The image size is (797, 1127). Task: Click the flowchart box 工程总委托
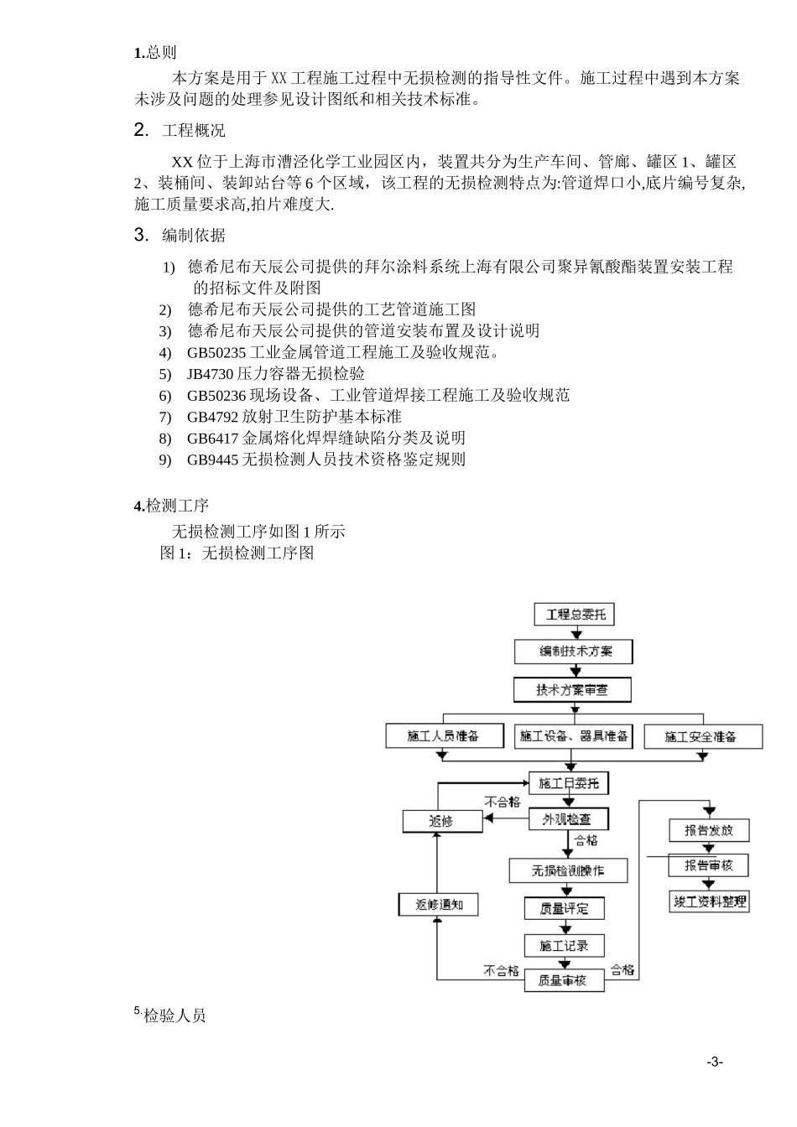coord(575,615)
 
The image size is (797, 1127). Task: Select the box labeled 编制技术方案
coord(574,652)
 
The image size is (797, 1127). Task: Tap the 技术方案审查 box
coord(572,691)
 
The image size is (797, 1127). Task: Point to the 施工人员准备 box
coord(444,736)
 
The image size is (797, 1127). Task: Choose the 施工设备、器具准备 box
coord(574,736)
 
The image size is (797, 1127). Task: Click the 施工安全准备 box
coord(703,736)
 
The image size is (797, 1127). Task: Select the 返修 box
coord(442,821)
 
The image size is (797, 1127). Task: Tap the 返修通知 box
coord(439,904)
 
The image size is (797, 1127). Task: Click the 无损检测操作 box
coord(568,870)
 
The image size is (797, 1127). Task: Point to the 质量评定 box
coord(564,908)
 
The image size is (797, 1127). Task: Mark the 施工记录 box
coord(564,946)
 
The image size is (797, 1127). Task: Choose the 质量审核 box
coord(564,980)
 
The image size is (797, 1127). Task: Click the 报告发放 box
coord(709,830)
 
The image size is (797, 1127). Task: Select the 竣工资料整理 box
coord(709,901)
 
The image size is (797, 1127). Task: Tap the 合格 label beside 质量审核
coord(622,970)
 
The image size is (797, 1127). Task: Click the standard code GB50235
coord(216,352)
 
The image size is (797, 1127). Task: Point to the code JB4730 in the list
coord(211,374)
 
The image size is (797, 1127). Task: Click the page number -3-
coord(714,1062)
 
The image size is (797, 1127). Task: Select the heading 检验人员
coord(175,1016)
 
